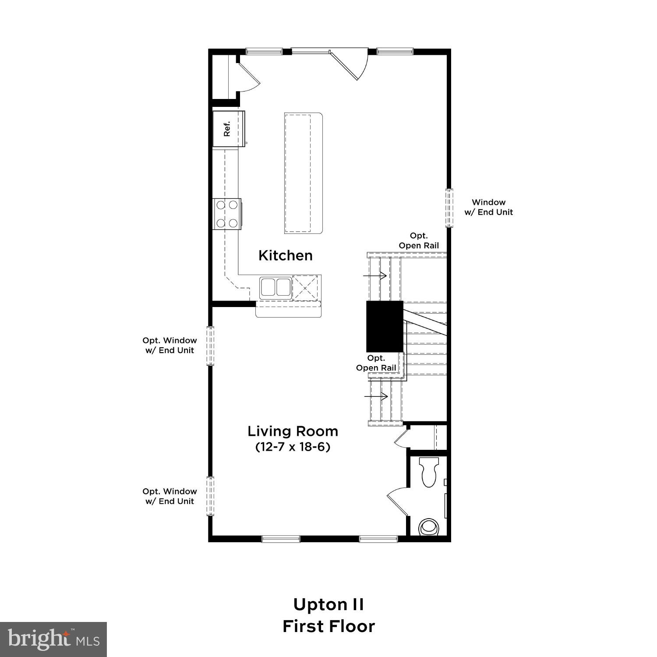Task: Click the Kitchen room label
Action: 286,255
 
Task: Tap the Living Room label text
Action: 293,431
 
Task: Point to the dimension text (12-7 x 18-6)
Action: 293,447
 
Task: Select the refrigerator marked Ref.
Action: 228,130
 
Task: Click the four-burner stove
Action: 227,214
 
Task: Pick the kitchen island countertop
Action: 303,173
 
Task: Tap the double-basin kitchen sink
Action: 276,288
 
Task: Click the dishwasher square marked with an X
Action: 305,287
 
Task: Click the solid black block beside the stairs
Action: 385,326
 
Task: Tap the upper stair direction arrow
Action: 374,276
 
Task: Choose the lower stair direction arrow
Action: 376,396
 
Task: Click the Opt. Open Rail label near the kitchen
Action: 419,241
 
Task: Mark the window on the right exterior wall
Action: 449,208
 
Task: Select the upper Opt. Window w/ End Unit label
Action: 170,345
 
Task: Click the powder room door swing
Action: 398,502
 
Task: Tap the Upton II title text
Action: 328,604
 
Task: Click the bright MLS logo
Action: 53,639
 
